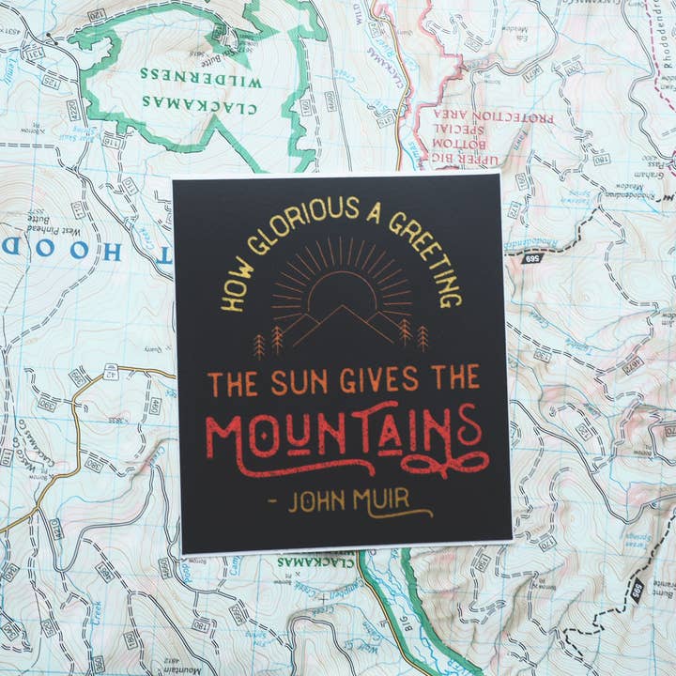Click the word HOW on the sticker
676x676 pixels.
[x=233, y=292]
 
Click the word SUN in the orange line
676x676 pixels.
[x=306, y=381]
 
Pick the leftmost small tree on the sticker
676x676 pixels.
[x=259, y=346]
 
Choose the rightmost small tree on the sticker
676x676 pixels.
[x=422, y=336]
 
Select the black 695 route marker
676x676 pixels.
[x=533, y=257]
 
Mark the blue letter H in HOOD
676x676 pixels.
[x=109, y=251]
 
